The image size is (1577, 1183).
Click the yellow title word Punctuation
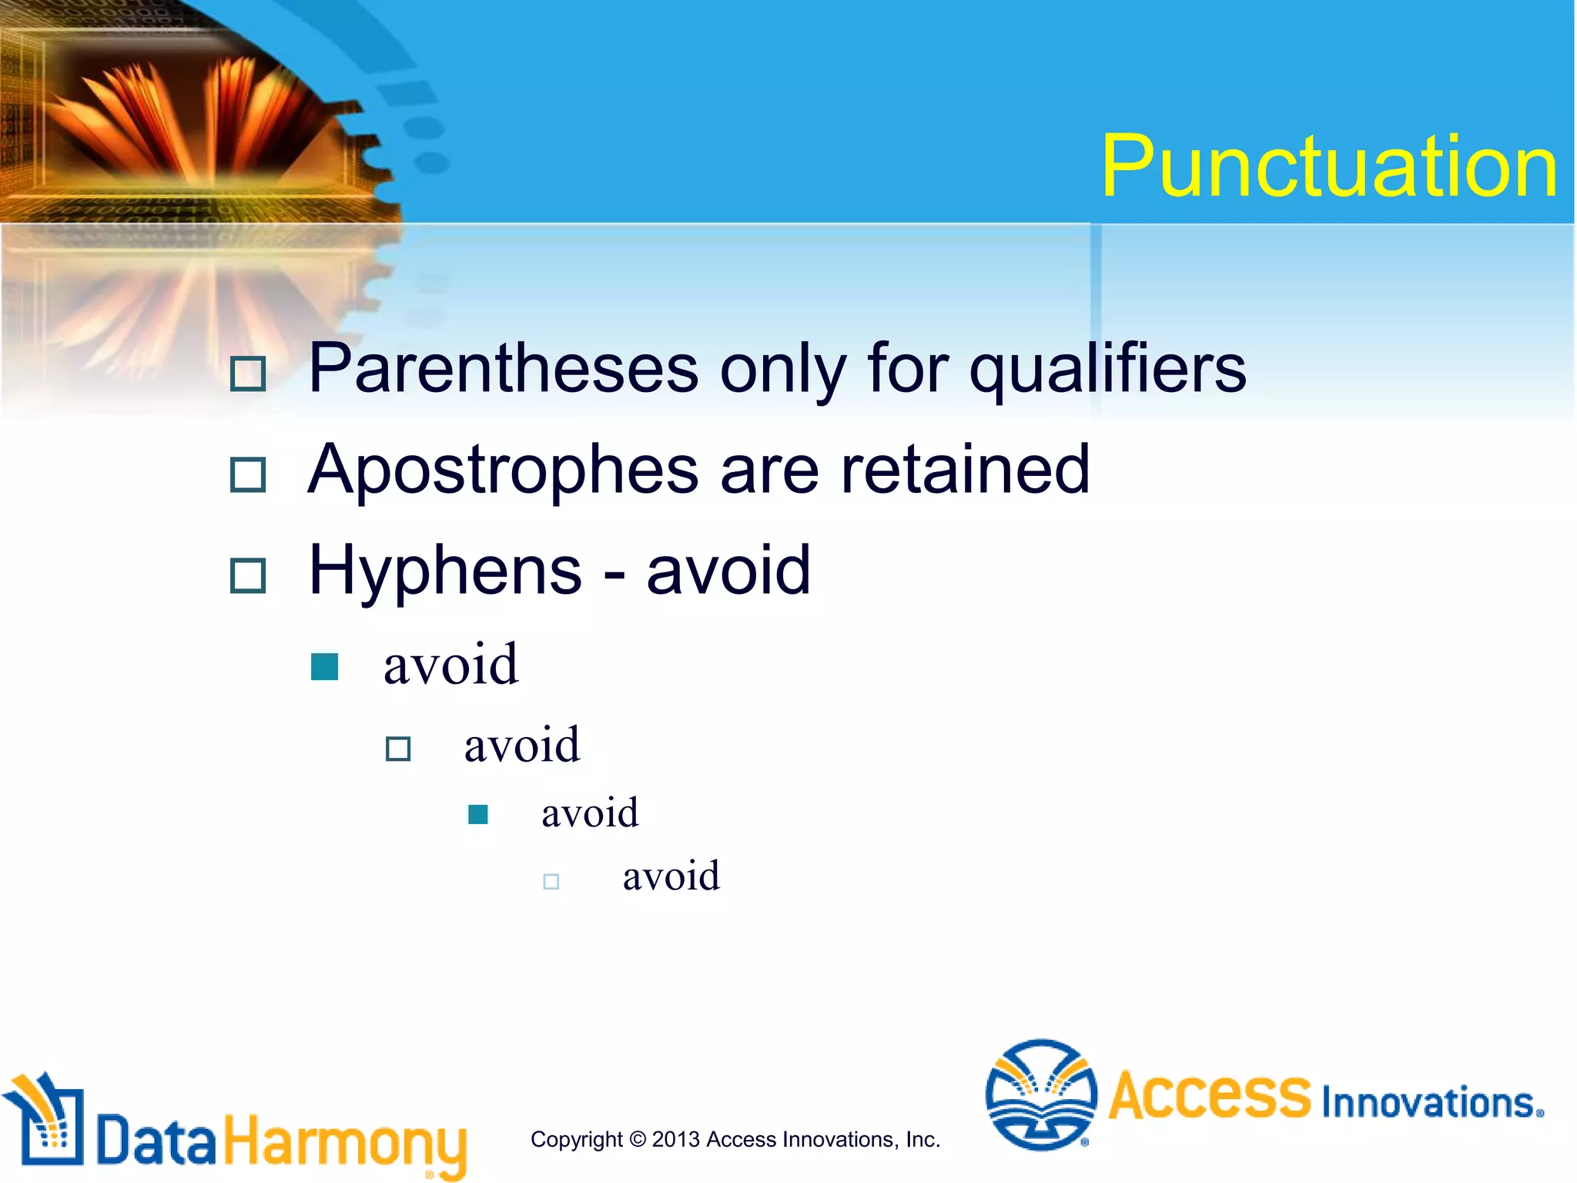(x=1329, y=167)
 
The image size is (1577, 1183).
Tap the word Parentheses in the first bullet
(x=504, y=370)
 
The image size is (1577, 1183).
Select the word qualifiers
(x=1107, y=370)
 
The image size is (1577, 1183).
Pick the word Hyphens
(x=445, y=571)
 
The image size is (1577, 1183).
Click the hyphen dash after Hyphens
(x=614, y=575)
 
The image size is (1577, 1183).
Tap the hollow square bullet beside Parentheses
(x=248, y=374)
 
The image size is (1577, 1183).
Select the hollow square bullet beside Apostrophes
(x=248, y=475)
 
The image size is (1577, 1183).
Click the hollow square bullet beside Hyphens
(x=248, y=576)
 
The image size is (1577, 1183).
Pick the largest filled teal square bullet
(x=324, y=667)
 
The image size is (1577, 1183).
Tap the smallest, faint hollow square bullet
(x=551, y=881)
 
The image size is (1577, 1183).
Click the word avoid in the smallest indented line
(x=671, y=876)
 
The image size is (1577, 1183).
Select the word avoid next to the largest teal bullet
(x=451, y=664)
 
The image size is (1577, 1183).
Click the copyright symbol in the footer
(x=638, y=1139)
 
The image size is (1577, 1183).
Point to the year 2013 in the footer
(x=676, y=1139)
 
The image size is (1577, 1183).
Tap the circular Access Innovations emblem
(x=1040, y=1094)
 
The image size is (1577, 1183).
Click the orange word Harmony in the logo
(x=345, y=1142)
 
